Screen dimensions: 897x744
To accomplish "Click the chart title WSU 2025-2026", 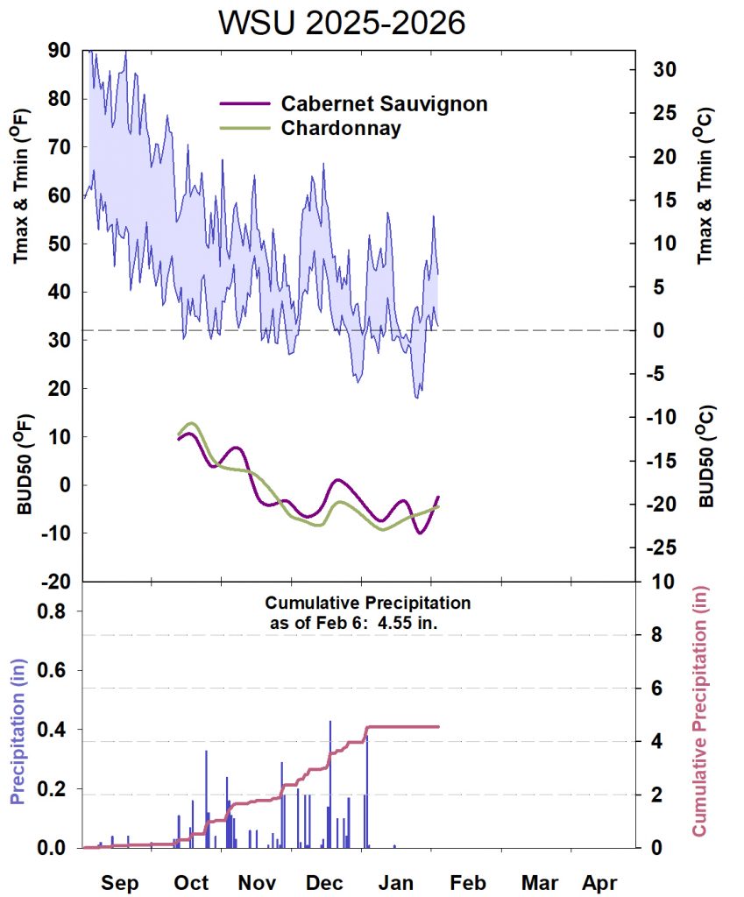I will tap(342, 24).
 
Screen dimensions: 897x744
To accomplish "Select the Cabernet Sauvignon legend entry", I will tap(384, 103).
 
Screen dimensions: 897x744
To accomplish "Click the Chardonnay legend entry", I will tap(341, 128).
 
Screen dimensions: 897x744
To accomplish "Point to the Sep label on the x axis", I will tap(119, 882).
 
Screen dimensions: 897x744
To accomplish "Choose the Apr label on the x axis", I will tap(599, 882).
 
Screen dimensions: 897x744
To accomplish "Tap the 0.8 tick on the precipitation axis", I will tap(52, 612).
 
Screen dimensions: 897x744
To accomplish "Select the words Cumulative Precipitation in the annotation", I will tap(368, 604).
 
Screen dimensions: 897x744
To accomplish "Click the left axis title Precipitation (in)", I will tap(17, 729).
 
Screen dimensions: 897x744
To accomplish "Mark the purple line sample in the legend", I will tap(244, 103).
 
